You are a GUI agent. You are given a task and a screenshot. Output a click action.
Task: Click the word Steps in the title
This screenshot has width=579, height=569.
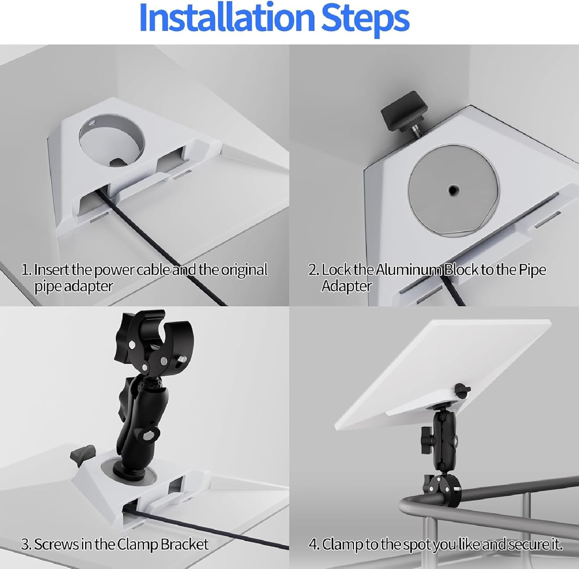click(x=365, y=18)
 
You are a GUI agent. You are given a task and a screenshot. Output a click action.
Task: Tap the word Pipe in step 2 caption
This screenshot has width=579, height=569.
click(x=532, y=270)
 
